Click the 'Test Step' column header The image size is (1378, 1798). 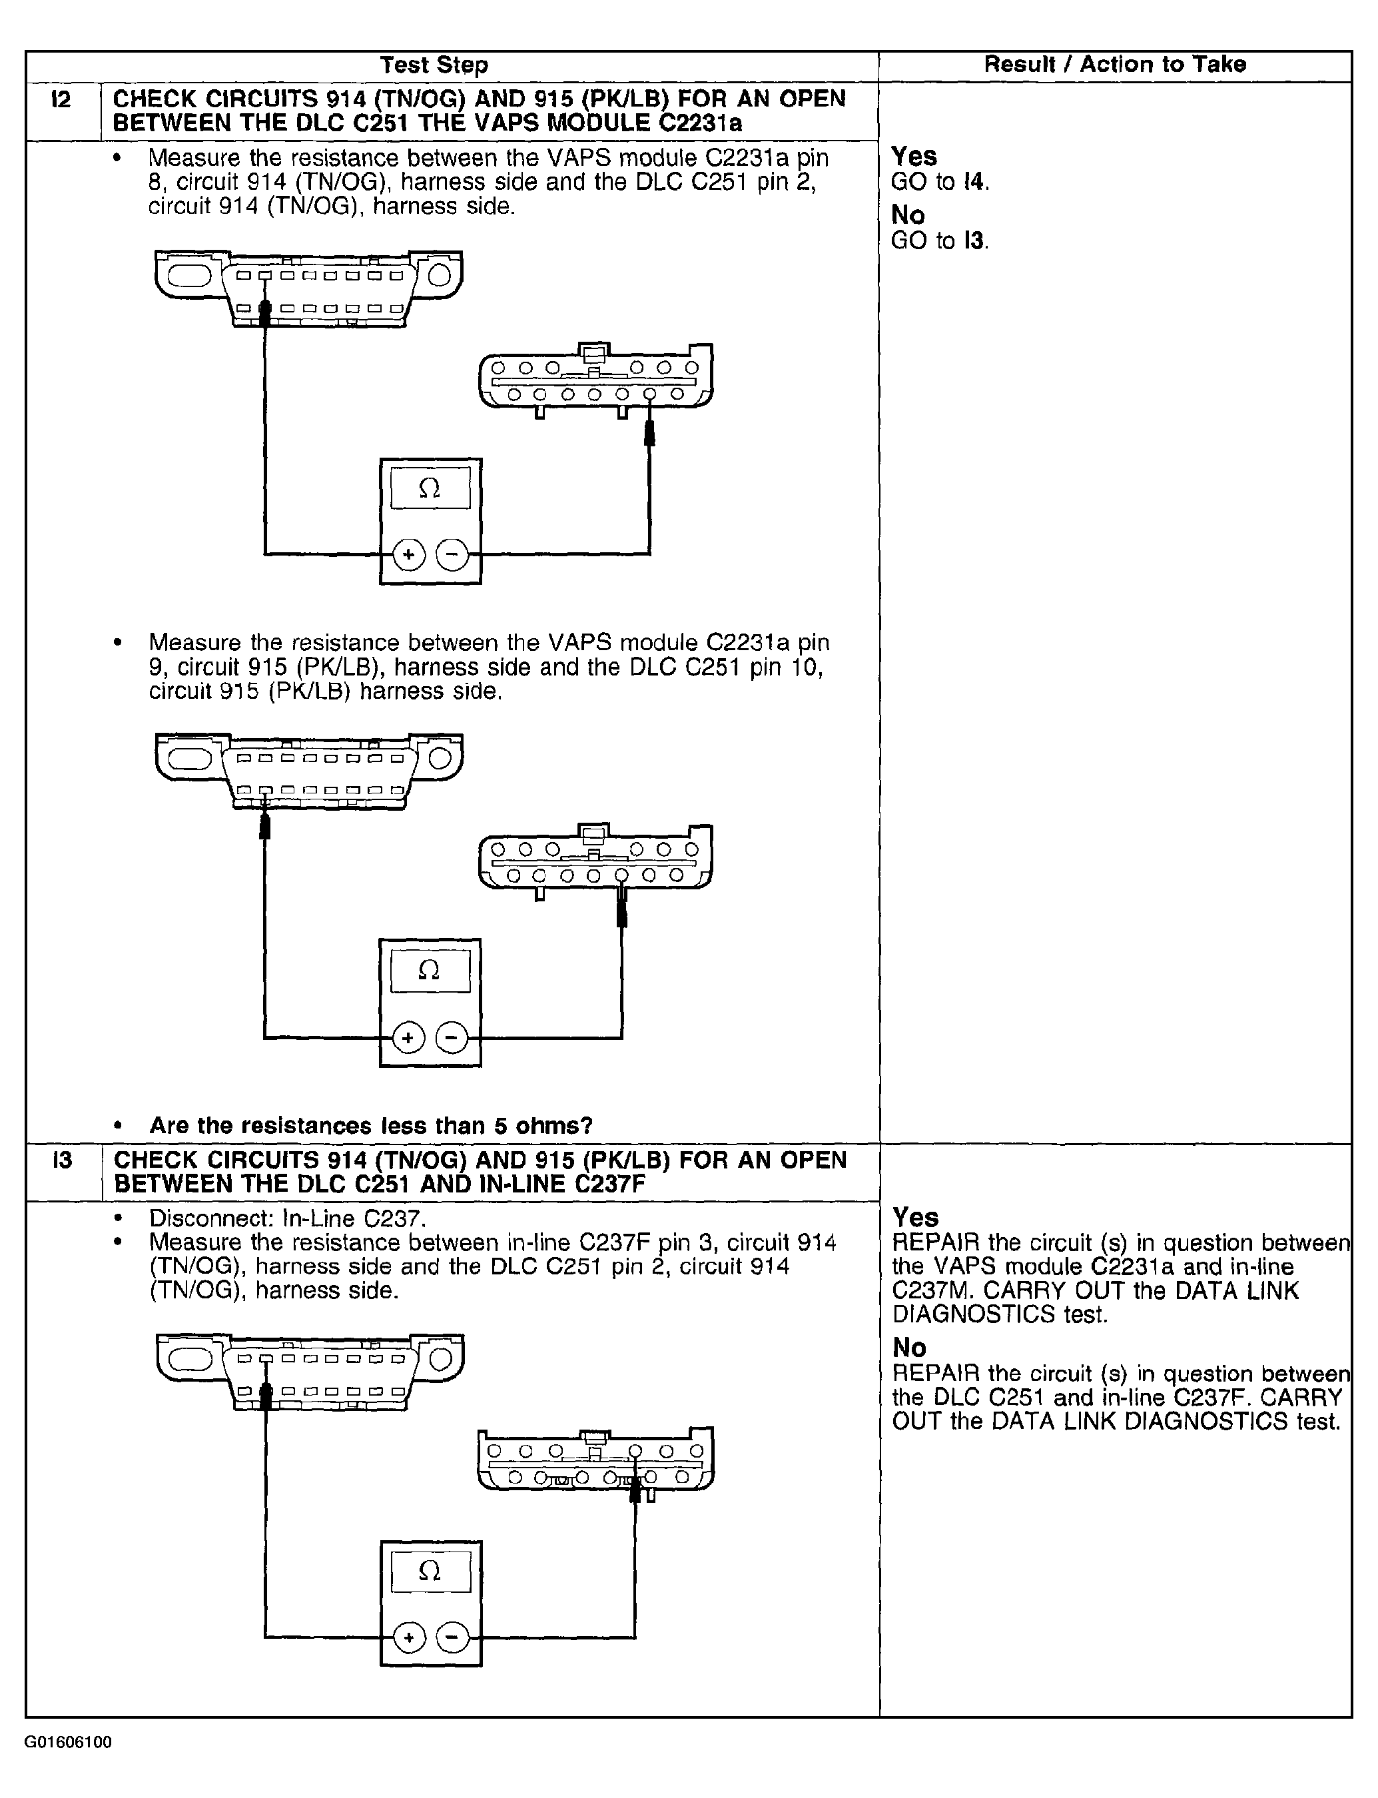pyautogui.click(x=434, y=65)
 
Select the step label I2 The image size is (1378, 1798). pyautogui.click(x=61, y=100)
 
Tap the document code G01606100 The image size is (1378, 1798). pyautogui.click(x=68, y=1742)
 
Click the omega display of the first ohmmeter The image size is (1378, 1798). pyautogui.click(x=430, y=489)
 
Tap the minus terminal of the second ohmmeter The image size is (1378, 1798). pyautogui.click(x=451, y=1039)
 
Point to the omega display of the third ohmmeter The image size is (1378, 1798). pyautogui.click(x=430, y=1572)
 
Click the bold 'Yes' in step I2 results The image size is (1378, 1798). pyautogui.click(x=914, y=156)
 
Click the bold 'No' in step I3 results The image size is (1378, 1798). pyautogui.click(x=909, y=1347)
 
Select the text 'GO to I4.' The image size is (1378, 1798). pyautogui.click(x=940, y=182)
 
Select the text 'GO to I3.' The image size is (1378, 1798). pyautogui.click(x=940, y=241)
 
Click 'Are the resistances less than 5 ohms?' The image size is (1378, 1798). pyautogui.click(x=371, y=1125)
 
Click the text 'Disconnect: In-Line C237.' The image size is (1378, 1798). pyautogui.click(x=288, y=1218)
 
